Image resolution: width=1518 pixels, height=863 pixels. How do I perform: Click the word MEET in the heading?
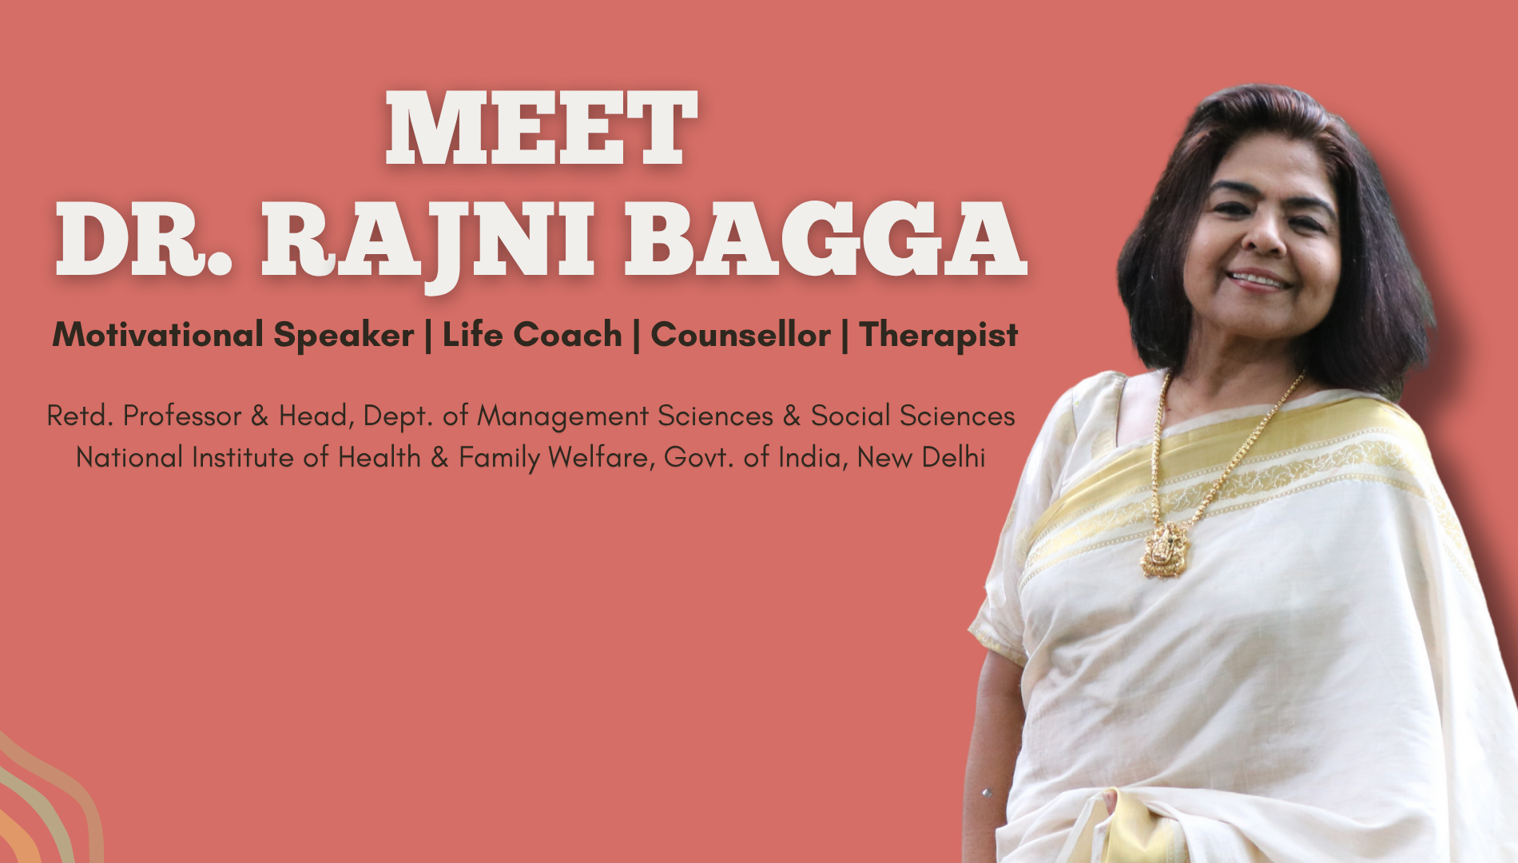542,127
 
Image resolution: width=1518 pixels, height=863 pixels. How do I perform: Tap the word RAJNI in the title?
428,241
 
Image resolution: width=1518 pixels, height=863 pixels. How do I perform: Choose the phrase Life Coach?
532,334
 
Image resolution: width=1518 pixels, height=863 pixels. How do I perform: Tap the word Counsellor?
741,334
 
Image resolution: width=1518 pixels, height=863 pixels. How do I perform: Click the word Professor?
182,416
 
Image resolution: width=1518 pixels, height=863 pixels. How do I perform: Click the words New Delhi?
921,457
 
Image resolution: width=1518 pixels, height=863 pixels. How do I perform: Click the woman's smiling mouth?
1260,280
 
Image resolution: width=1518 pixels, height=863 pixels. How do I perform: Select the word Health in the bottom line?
379,457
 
